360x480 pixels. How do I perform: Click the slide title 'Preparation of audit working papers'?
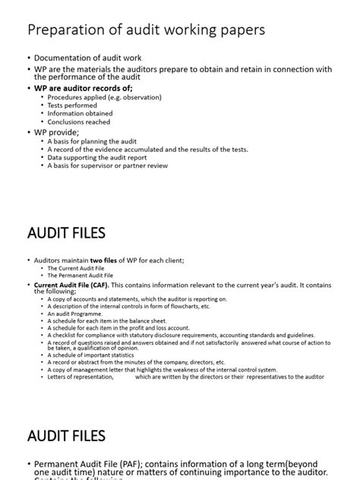146,30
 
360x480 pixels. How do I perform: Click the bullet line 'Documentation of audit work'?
87,58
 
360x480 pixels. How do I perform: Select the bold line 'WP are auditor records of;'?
84,88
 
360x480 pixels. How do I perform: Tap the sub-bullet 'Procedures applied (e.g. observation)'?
99,98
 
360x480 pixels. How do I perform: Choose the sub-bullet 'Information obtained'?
79,114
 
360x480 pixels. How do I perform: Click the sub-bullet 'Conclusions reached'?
78,122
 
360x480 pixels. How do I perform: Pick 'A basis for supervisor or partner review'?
108,166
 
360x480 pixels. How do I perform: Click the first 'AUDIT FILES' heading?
66,232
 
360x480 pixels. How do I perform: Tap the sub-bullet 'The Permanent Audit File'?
81,276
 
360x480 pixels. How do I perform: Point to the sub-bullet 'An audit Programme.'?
74,314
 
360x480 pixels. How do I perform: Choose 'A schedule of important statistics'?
92,355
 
